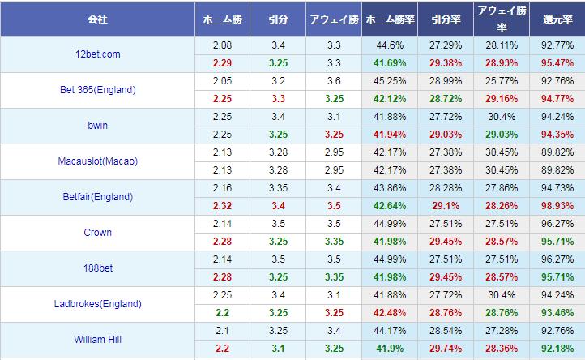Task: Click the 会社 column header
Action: coord(97,18)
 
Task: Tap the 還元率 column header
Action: coord(557,18)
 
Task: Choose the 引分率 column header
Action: coord(445,18)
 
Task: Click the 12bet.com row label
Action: coord(97,54)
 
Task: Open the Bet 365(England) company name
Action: coord(97,90)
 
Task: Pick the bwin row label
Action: coord(97,126)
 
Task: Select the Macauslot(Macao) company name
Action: coord(97,161)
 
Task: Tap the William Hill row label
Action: coord(97,340)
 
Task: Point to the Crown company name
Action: coord(97,233)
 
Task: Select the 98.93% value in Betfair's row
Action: coord(557,205)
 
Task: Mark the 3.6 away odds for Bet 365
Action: coord(334,81)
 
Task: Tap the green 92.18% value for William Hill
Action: coord(557,348)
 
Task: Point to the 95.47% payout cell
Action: coord(557,62)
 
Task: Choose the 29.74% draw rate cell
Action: coord(445,348)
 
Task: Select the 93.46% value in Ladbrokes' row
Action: coord(557,312)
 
